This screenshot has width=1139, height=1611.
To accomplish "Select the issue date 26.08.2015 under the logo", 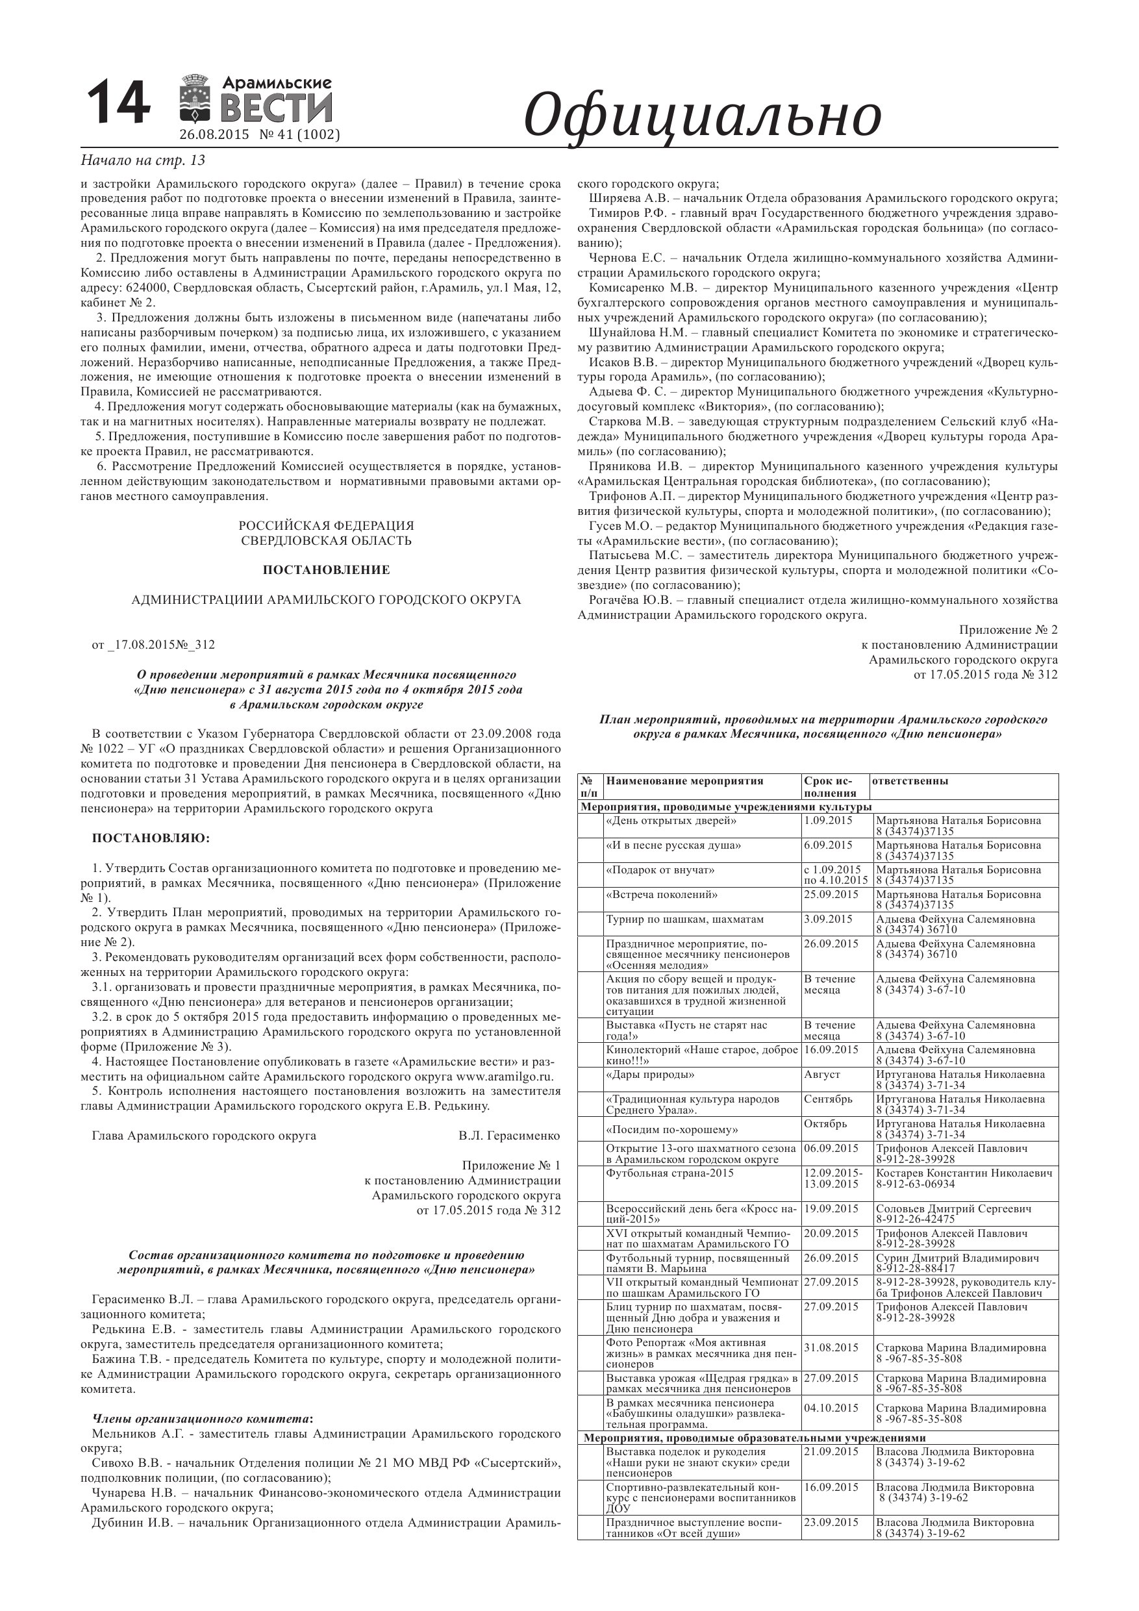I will [x=214, y=134].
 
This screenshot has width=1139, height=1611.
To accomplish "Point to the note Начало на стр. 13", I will [x=143, y=160].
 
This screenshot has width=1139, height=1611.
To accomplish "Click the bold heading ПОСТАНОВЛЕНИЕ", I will [x=327, y=569].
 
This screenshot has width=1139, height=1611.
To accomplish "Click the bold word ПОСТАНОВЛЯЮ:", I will [x=151, y=838].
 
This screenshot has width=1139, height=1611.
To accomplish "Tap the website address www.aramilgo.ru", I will [x=505, y=1077].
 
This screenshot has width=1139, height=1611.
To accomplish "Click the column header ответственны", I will [x=910, y=781].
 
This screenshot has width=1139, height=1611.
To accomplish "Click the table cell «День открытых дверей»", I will [x=671, y=820].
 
